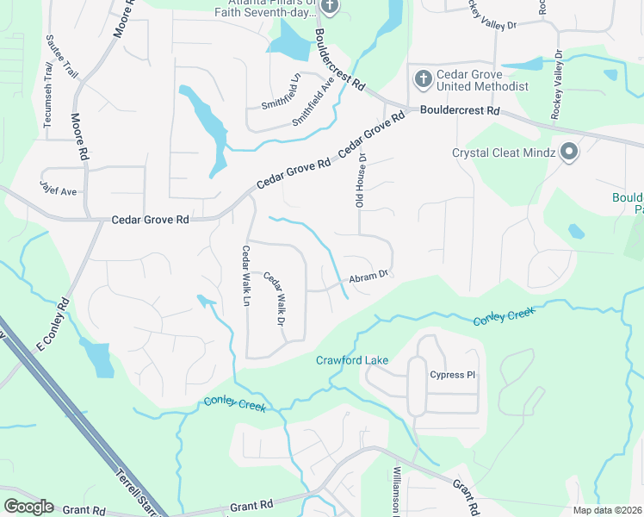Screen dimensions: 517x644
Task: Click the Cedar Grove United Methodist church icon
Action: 423,79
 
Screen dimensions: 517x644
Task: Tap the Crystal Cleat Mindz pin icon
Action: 568,153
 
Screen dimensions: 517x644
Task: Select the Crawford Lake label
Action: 352,360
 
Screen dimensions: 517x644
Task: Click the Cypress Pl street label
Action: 453,375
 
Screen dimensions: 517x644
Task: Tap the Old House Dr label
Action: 362,181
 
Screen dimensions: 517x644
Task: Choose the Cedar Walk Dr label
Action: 274,298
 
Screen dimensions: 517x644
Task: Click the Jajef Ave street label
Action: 59,184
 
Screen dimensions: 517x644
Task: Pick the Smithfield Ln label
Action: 282,90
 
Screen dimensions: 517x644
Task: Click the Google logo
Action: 28,507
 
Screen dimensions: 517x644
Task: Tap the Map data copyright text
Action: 608,510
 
